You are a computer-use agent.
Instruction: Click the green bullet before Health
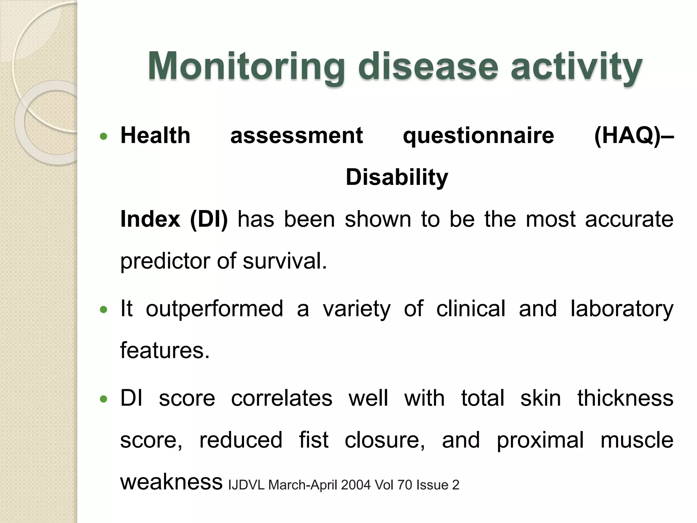coord(104,137)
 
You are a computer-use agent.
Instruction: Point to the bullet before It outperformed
coord(104,310)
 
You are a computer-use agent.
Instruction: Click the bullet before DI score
coord(104,399)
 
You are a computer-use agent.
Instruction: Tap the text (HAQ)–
coord(633,136)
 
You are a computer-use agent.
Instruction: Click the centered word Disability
coord(397,178)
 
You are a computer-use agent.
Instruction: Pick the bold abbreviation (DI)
coord(209,219)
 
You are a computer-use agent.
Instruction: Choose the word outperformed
coord(214,309)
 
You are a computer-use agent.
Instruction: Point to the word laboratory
coord(621,309)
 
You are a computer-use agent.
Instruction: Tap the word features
coord(164,351)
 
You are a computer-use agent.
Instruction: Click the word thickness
coord(625,398)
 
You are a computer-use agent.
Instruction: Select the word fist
coord(313,440)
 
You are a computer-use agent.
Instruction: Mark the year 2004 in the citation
coord(356,485)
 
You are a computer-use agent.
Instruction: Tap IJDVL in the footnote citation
coord(246,485)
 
